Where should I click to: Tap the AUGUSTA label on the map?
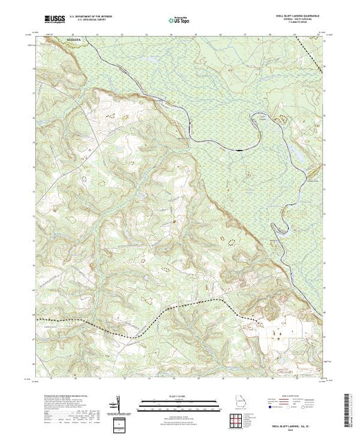click(74, 40)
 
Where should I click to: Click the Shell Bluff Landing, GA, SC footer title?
click(285, 422)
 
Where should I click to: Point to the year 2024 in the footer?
click(285, 426)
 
